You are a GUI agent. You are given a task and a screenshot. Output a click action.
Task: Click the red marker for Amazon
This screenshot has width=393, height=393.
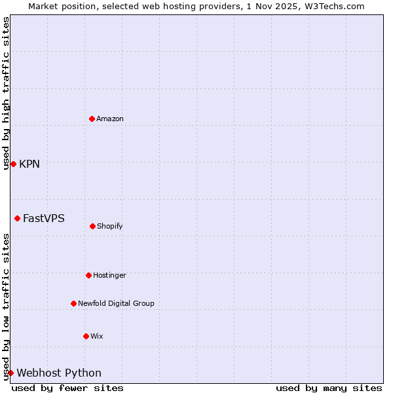click(92, 119)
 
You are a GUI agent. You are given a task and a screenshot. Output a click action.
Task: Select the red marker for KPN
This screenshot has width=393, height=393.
click(13, 164)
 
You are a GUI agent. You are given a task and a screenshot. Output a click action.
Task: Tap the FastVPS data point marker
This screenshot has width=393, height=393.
click(17, 218)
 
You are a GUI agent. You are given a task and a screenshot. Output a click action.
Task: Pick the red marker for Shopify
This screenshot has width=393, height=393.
click(92, 226)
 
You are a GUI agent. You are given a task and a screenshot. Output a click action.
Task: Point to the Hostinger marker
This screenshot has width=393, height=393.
click(88, 275)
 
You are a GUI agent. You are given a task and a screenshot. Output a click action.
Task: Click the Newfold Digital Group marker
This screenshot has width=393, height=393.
click(73, 303)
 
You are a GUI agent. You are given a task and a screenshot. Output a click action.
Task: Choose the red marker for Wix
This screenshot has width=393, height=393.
click(86, 336)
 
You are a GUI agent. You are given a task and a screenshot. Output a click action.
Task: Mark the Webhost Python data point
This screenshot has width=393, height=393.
click(10, 373)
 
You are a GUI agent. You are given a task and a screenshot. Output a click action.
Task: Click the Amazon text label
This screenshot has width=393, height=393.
click(110, 119)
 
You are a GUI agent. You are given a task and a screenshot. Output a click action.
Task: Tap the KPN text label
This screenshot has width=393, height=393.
click(29, 164)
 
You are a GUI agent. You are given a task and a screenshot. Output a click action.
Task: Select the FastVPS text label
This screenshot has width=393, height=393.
click(44, 218)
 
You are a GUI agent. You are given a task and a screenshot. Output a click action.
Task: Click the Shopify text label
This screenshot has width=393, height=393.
click(110, 226)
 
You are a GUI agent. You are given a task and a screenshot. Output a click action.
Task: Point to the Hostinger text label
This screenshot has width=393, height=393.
click(109, 275)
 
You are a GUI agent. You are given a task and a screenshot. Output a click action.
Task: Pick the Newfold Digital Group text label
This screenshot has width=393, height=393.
click(116, 303)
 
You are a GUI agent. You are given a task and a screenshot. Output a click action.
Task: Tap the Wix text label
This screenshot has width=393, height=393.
click(97, 336)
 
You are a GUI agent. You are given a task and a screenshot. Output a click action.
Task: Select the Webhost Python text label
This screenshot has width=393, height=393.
click(59, 373)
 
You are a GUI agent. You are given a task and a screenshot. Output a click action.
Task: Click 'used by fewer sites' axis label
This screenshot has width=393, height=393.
click(67, 388)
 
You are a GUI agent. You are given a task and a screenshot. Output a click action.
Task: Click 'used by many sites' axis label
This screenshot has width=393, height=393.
click(329, 388)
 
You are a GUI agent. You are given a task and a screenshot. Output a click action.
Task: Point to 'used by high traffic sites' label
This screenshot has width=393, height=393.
click(6, 93)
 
